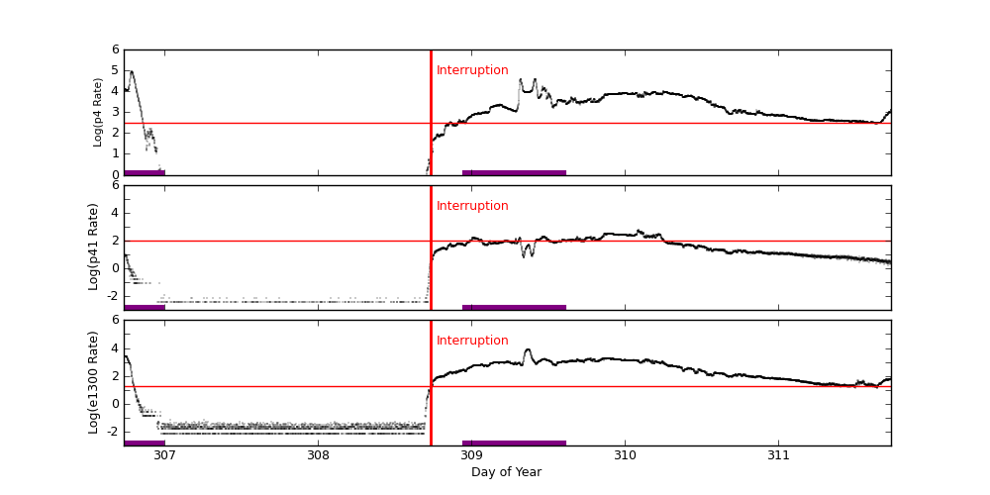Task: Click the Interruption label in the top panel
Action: click(472, 70)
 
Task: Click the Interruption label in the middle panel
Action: click(472, 206)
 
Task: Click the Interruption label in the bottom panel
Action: click(472, 341)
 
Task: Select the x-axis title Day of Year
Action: click(506, 472)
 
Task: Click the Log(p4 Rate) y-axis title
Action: click(98, 112)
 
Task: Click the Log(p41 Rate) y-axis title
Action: click(94, 247)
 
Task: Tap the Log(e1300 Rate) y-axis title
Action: click(94, 382)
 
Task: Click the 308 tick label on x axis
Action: click(318, 455)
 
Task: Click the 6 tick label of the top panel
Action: click(116, 49)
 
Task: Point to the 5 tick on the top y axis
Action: click(116, 70)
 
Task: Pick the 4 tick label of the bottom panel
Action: click(116, 347)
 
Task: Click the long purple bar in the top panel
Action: click(514, 172)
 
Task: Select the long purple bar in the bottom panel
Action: click(514, 443)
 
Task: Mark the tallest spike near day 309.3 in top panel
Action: click(521, 80)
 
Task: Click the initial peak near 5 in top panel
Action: click(132, 71)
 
